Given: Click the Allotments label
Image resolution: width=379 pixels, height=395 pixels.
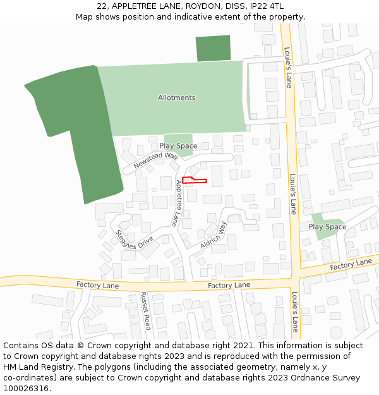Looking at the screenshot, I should pos(176,97).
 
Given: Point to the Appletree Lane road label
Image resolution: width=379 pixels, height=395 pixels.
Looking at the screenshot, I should pos(178,203).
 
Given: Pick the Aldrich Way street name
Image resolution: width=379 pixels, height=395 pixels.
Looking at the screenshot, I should pos(213,234).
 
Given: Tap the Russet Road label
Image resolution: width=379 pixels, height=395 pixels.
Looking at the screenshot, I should pos(146,311).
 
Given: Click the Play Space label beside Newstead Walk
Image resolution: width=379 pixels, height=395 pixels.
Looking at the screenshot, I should pos(178,146).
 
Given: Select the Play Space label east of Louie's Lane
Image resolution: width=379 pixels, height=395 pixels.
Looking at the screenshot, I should pos(327,227).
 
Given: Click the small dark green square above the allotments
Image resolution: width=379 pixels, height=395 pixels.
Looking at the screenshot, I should pos(213,49).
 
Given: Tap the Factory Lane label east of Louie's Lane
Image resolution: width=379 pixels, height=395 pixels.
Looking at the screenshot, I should pos(351,265).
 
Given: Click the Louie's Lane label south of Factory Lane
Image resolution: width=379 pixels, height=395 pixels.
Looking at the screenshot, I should pos(295,311).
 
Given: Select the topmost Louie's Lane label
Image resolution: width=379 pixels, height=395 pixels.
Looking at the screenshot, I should pos(287,67).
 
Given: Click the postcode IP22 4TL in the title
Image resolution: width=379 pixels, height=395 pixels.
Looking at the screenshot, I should pos(268,6).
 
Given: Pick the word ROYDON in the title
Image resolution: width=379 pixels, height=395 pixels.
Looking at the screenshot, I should pos(191,6).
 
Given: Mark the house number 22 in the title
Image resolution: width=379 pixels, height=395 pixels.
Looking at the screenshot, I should pos(102,6).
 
